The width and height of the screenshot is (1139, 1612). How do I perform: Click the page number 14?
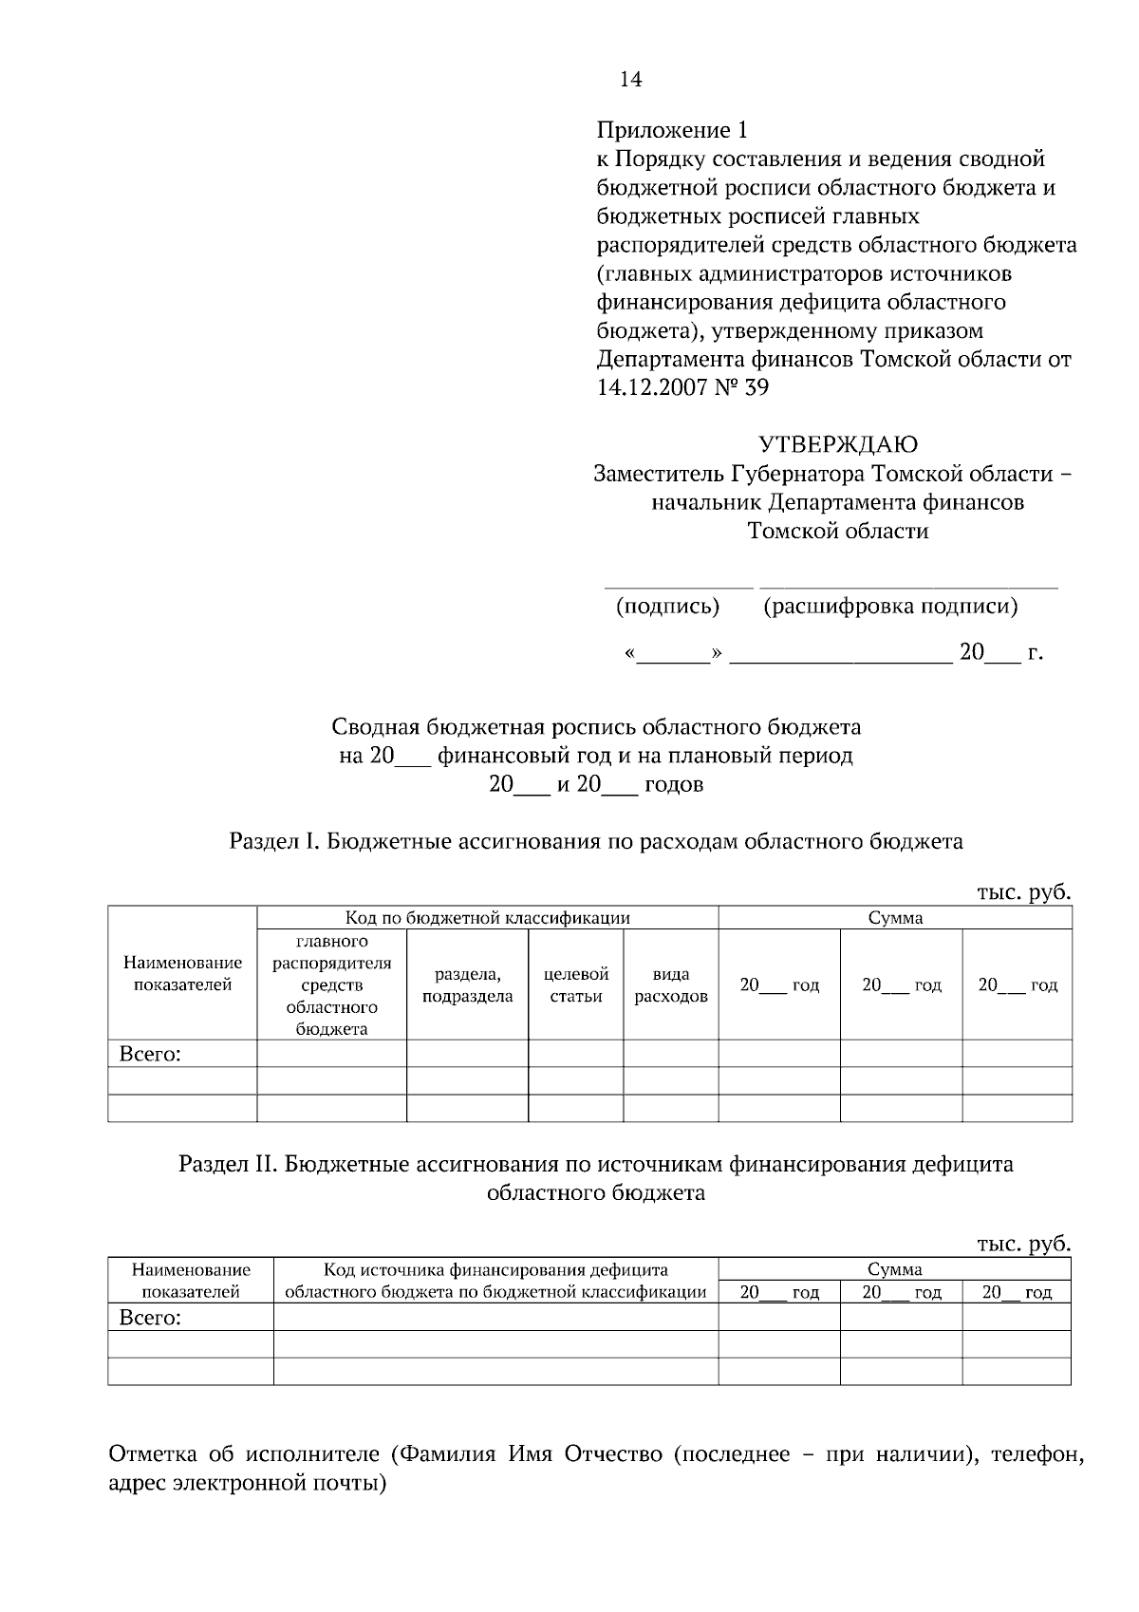[630, 80]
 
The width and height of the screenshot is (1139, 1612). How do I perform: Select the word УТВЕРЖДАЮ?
[837, 444]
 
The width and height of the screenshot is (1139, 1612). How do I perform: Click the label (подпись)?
[667, 606]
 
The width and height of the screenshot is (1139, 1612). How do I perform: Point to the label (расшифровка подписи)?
[890, 606]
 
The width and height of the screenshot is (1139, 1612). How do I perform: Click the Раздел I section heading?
[596, 841]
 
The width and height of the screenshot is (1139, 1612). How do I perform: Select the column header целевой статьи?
[575, 984]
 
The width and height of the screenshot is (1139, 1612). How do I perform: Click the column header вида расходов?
[670, 984]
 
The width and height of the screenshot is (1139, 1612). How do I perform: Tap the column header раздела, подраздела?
[467, 984]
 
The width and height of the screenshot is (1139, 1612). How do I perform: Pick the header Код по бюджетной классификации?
[487, 918]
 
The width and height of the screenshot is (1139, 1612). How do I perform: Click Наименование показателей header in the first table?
[182, 974]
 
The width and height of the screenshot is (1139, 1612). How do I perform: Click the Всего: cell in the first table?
[150, 1054]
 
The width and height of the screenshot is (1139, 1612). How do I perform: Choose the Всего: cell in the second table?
[150, 1318]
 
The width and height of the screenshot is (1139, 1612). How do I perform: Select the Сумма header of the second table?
[894, 1269]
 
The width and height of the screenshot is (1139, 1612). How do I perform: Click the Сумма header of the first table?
[895, 918]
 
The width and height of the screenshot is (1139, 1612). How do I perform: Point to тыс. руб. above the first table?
[1023, 892]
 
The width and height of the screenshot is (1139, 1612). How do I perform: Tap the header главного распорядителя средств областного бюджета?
[331, 984]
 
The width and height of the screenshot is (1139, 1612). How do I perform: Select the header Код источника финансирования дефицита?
[495, 1270]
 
